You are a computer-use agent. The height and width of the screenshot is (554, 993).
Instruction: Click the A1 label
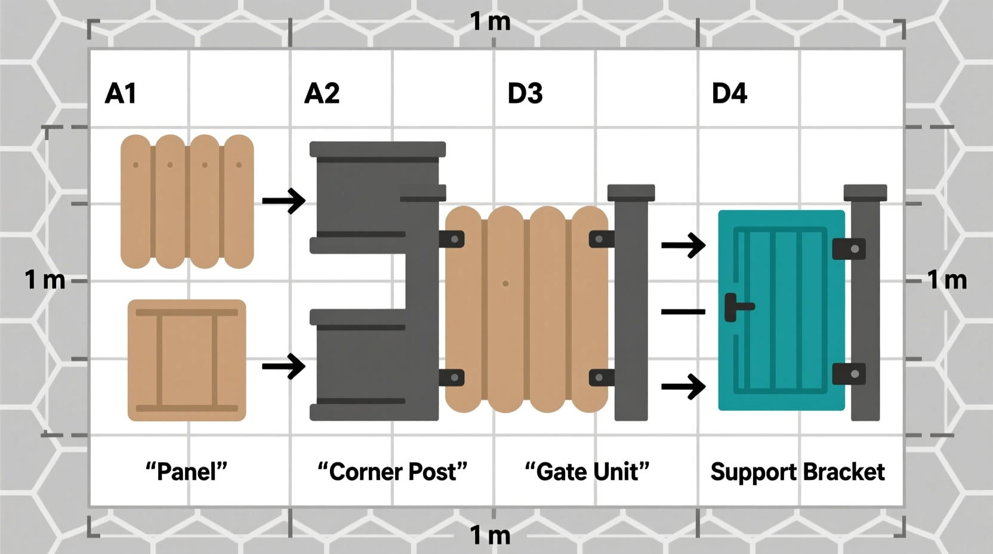coord(121,94)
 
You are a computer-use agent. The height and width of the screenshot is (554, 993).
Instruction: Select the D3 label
coord(525,94)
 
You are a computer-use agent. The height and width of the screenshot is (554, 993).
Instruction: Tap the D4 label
coord(729,94)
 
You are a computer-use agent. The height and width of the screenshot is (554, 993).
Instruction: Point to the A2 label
coord(322,94)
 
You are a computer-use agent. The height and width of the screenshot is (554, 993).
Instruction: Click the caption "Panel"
coord(187,472)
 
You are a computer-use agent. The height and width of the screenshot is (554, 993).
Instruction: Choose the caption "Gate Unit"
coord(587,472)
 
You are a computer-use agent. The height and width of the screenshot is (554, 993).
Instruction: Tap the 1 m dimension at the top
coord(490,22)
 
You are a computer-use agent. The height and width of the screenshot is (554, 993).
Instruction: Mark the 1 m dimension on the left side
coord(45,280)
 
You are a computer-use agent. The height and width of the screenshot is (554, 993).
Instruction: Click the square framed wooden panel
coord(187,360)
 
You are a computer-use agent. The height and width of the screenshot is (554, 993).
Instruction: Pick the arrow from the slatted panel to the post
coord(284,201)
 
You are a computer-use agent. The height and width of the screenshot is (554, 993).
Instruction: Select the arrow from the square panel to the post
coord(284,366)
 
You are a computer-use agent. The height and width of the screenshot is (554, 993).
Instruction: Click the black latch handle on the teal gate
coord(738,307)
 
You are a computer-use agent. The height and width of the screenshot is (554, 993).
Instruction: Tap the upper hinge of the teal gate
coord(849,249)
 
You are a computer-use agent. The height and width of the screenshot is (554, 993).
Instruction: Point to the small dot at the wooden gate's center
coord(505,284)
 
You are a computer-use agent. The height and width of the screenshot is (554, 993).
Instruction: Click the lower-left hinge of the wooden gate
coord(452,377)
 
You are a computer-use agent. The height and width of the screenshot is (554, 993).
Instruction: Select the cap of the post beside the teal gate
coord(865,192)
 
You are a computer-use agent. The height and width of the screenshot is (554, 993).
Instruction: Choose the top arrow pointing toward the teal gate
coord(684,245)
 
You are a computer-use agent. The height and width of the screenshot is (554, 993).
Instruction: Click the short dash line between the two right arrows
coord(683,312)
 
